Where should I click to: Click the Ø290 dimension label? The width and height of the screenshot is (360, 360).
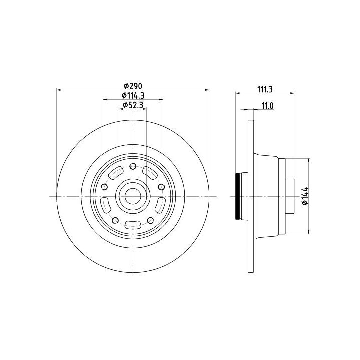tap(133, 86)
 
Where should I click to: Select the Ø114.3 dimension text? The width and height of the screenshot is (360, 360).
tap(133, 95)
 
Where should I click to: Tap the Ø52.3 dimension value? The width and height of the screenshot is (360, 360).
tap(133, 105)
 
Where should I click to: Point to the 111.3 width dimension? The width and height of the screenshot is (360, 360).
tap(265, 89)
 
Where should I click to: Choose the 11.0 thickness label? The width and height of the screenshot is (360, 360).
tap(267, 106)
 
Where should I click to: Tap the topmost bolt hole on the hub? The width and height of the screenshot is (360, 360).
tap(133, 166)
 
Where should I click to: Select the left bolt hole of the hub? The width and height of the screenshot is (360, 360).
tap(104, 187)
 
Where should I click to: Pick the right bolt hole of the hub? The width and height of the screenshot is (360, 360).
tap(161, 187)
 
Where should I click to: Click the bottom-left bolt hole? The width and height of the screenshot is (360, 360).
tap(115, 221)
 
